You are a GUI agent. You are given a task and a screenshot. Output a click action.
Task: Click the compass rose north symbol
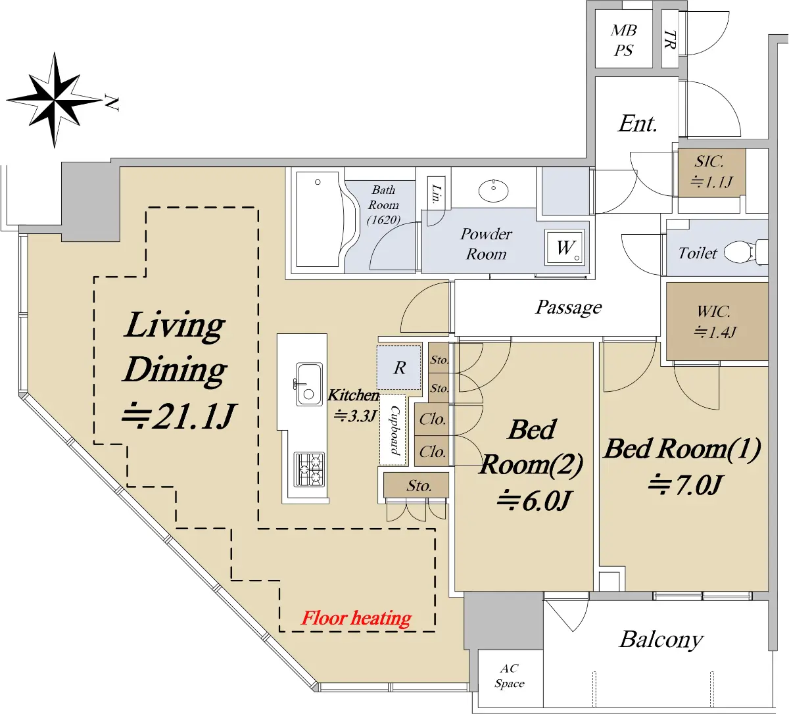[x=55, y=100]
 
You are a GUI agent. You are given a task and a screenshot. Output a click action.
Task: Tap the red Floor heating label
[x=356, y=618]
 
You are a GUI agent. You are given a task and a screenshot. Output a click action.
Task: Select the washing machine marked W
[x=564, y=247]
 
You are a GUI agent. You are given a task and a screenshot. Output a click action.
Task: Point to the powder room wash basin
[x=493, y=191]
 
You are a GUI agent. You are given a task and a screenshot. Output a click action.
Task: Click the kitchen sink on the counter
[x=309, y=384]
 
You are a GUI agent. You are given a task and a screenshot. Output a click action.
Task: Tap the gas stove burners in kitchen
[x=310, y=469]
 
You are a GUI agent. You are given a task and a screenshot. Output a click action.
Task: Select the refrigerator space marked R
[x=399, y=368]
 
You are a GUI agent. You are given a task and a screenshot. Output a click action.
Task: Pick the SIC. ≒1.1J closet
[x=711, y=172]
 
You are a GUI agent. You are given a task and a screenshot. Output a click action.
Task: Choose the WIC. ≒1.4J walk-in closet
[x=717, y=321]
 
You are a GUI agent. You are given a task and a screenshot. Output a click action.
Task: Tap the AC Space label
[x=510, y=677]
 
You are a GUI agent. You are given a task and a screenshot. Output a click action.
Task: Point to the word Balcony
[x=661, y=640]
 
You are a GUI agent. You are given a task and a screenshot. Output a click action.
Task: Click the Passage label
[x=568, y=307]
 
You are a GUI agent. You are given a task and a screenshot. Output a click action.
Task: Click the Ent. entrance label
[x=637, y=124]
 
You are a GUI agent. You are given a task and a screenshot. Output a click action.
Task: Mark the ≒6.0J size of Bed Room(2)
[x=533, y=501]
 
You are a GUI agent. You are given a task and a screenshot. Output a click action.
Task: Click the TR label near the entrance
[x=670, y=39]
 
